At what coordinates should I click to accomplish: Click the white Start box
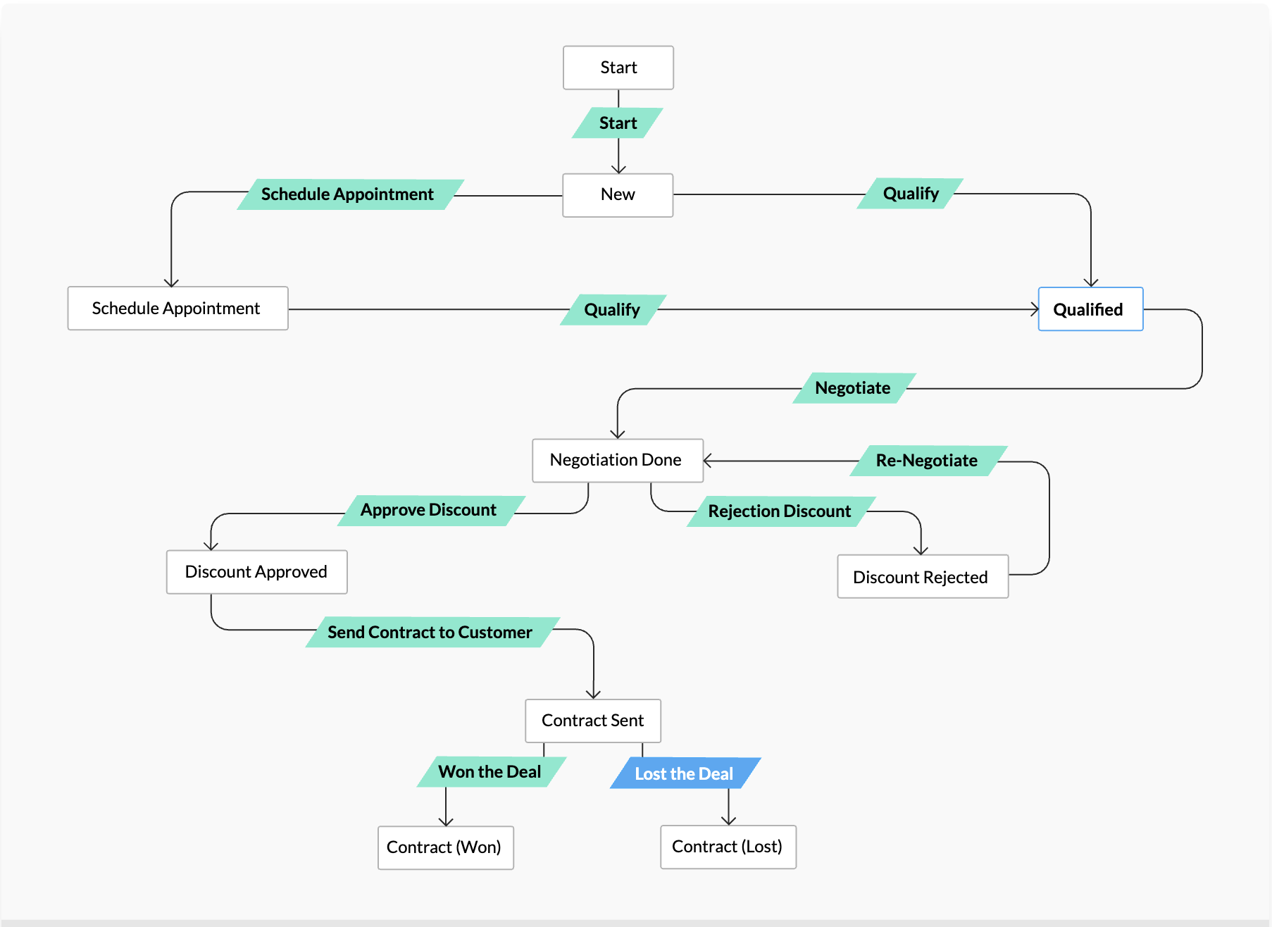coord(618,68)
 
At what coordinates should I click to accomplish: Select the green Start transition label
coord(618,123)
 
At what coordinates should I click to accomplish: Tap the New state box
coord(618,195)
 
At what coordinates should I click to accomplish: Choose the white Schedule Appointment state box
coord(177,309)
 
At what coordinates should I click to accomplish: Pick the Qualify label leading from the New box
coord(910,194)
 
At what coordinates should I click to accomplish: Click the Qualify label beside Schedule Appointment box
coord(612,310)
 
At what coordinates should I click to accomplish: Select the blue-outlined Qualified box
coord(1090,309)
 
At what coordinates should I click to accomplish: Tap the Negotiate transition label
coord(853,388)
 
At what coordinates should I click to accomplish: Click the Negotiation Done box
coord(617,461)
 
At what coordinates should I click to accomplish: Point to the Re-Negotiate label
coord(927,461)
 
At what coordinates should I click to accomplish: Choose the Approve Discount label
coord(430,510)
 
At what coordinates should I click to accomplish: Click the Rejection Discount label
coord(780,511)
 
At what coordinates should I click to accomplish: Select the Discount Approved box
coord(256,572)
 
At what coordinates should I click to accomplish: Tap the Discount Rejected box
coord(922,577)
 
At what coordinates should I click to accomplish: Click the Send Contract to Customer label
coord(431,633)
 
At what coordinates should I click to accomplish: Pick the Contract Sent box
coord(592,721)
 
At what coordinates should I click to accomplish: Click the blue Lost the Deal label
coord(684,773)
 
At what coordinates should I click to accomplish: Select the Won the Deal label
coord(491,772)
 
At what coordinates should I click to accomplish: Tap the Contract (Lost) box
coord(728,847)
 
